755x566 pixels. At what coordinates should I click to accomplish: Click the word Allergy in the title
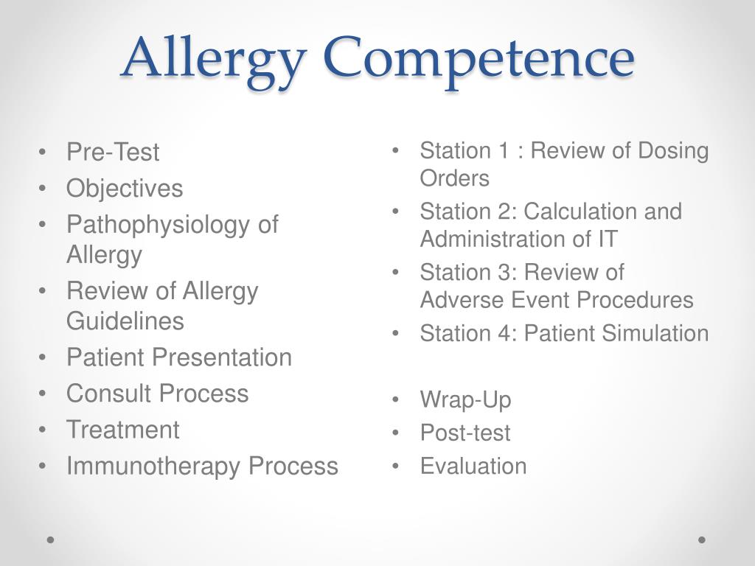pos(215,60)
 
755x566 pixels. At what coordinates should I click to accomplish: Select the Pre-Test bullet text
pos(113,152)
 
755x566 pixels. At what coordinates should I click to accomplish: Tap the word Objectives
pos(125,188)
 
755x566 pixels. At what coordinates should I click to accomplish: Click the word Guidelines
pos(125,321)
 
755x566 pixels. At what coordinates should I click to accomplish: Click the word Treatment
pos(123,430)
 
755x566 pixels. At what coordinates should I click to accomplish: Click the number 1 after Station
pos(504,150)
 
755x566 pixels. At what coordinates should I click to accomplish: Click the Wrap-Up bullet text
pos(465,400)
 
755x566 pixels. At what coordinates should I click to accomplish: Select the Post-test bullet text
pos(465,433)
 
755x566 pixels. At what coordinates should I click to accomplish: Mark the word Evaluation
pos(473,466)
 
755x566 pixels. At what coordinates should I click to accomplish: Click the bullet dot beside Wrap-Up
pos(396,399)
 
